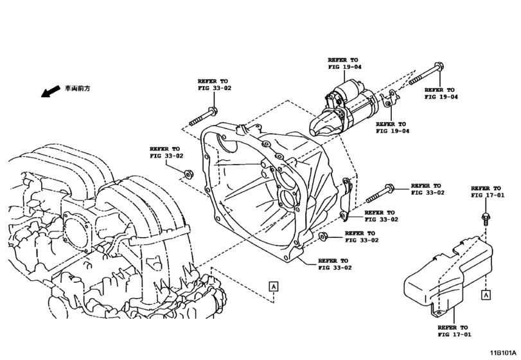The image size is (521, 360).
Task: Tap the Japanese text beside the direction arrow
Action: (x=77, y=88)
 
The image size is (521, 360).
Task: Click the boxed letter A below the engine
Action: (x=273, y=286)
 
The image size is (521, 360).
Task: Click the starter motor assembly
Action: (x=350, y=106)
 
